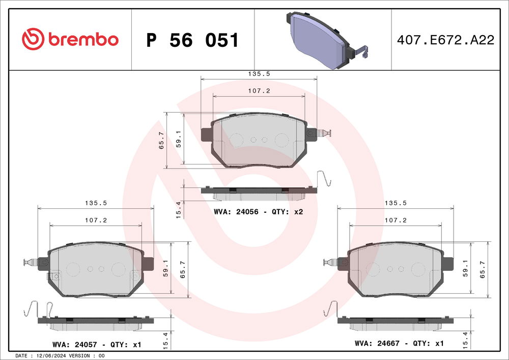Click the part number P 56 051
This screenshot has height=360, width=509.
192,40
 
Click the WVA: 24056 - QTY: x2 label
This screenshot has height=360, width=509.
259,211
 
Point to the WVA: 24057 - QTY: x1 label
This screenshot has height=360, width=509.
96,345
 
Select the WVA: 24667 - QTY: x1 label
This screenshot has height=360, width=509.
399,344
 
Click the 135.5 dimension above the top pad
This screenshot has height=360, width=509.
259,74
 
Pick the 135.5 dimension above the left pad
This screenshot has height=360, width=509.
96,203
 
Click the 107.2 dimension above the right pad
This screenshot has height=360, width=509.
395,221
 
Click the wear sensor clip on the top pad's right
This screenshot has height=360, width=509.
324,133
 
